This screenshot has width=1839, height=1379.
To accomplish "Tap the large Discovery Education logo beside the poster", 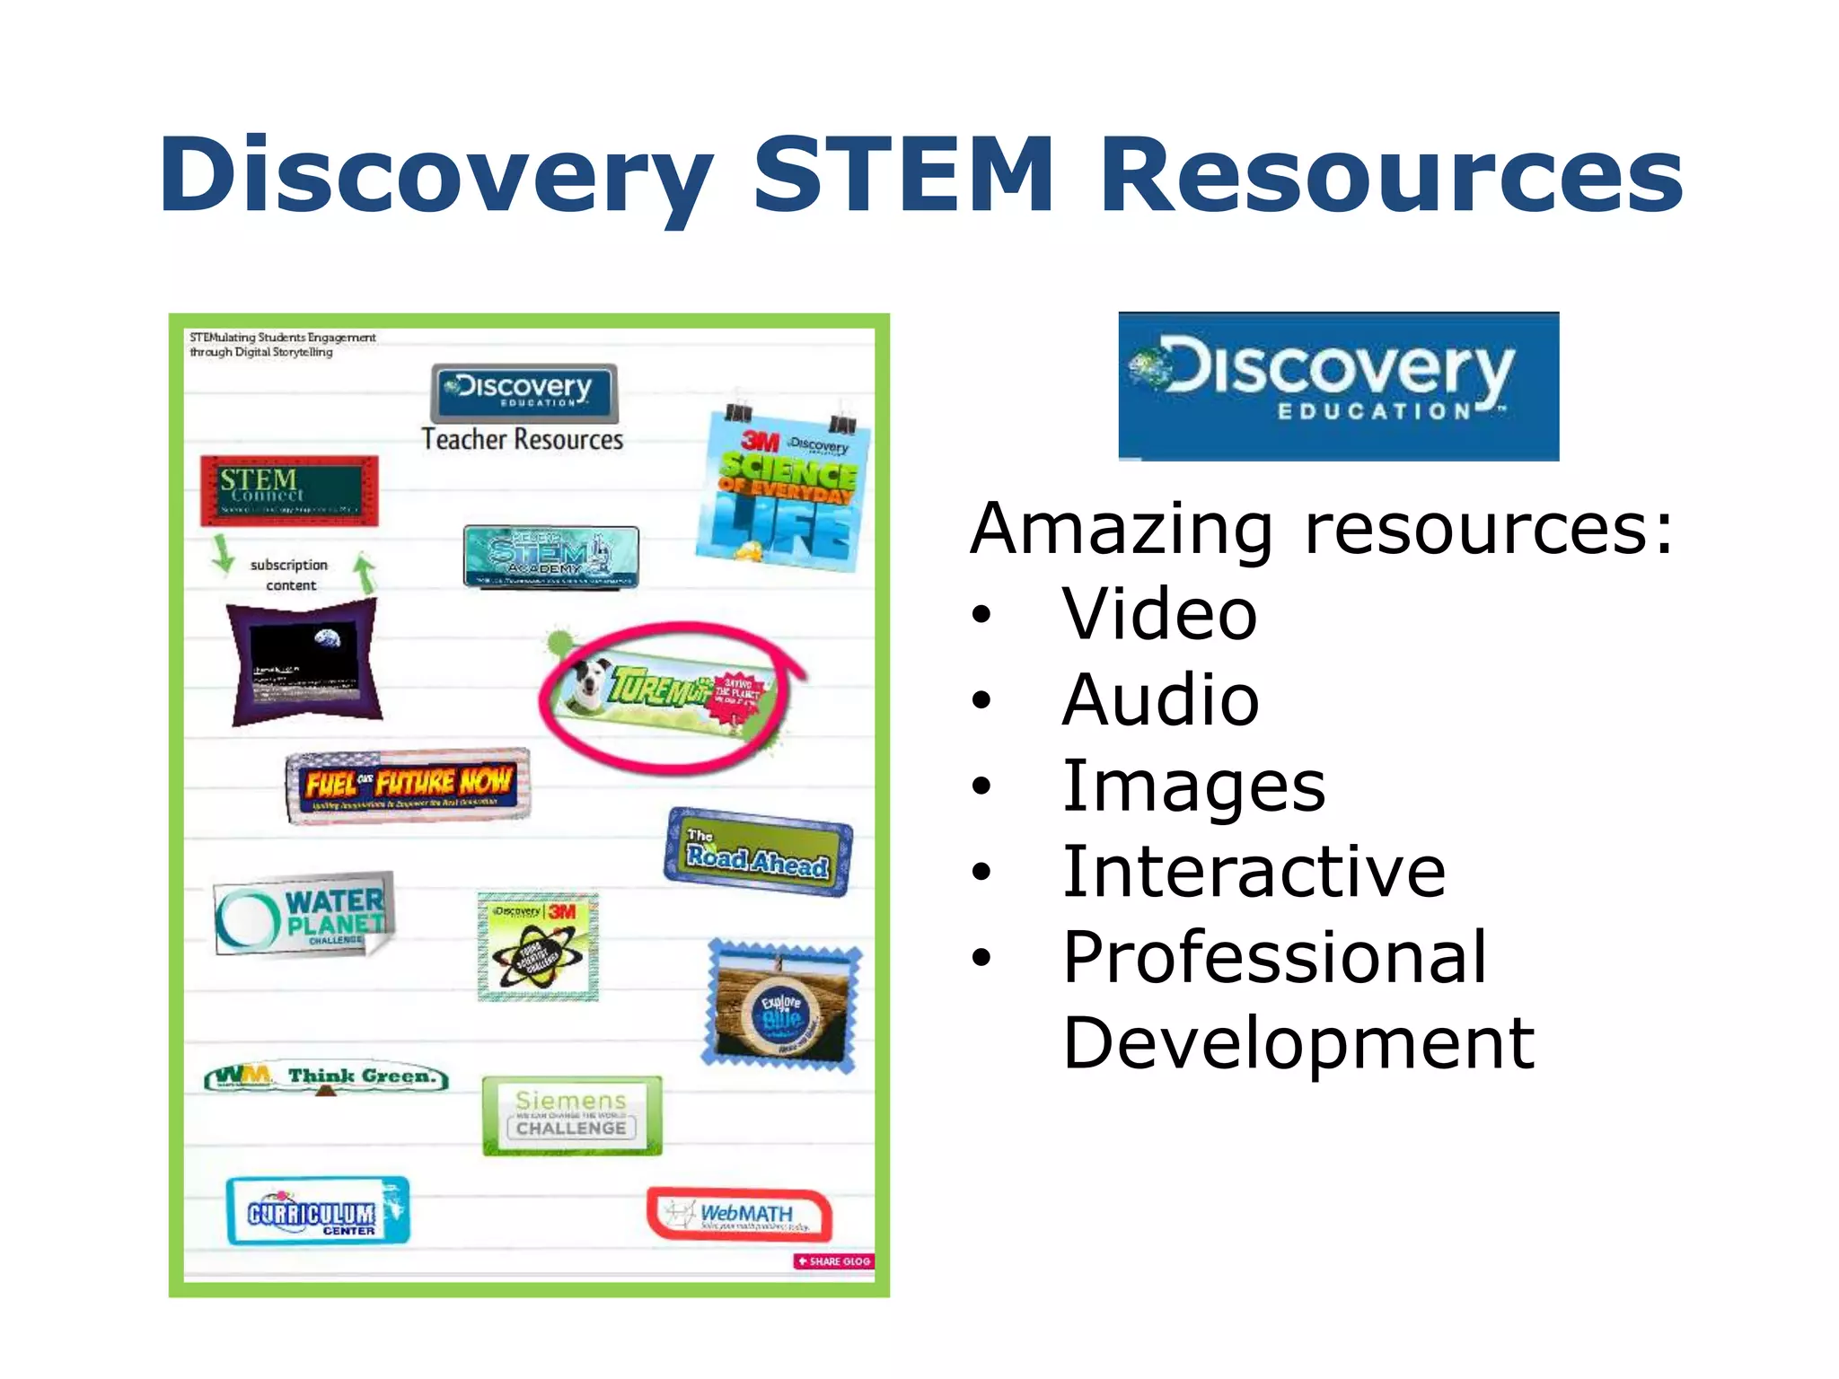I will click(x=1338, y=386).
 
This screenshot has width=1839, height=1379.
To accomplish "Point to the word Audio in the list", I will click(x=1160, y=700).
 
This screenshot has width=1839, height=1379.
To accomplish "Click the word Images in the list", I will click(x=1193, y=786).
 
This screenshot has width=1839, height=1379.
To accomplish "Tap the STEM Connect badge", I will click(x=289, y=490).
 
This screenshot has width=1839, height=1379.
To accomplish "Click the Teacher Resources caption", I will click(x=523, y=439).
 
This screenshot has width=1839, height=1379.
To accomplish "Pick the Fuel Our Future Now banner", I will click(x=409, y=785).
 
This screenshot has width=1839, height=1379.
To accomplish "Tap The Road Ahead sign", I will click(x=758, y=852).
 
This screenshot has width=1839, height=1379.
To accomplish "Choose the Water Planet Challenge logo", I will click(x=304, y=915).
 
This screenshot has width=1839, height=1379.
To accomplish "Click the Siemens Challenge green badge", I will click(x=571, y=1115).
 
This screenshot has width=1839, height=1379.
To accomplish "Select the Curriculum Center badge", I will click(x=317, y=1211).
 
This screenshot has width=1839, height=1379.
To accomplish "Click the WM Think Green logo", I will click(x=326, y=1076).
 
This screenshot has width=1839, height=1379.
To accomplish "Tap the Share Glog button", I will click(x=834, y=1261).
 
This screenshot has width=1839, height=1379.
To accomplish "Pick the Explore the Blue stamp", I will click(x=781, y=1006).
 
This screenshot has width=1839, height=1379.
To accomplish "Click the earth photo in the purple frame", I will click(x=305, y=662).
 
